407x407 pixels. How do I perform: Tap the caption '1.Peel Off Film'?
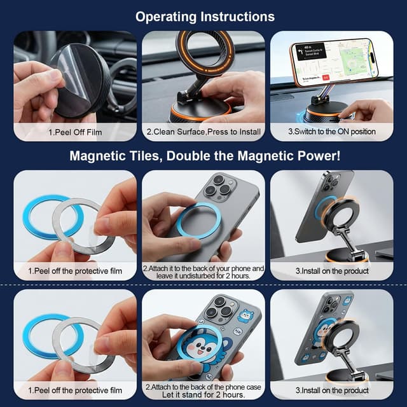pos(74,132)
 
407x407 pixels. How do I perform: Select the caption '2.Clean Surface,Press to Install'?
pos(203,132)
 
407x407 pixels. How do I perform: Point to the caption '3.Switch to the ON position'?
pos(331,132)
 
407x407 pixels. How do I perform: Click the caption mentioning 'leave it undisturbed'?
pos(203,272)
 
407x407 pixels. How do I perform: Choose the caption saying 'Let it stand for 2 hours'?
pos(203,394)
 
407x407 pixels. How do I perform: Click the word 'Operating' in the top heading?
pos(166,16)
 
